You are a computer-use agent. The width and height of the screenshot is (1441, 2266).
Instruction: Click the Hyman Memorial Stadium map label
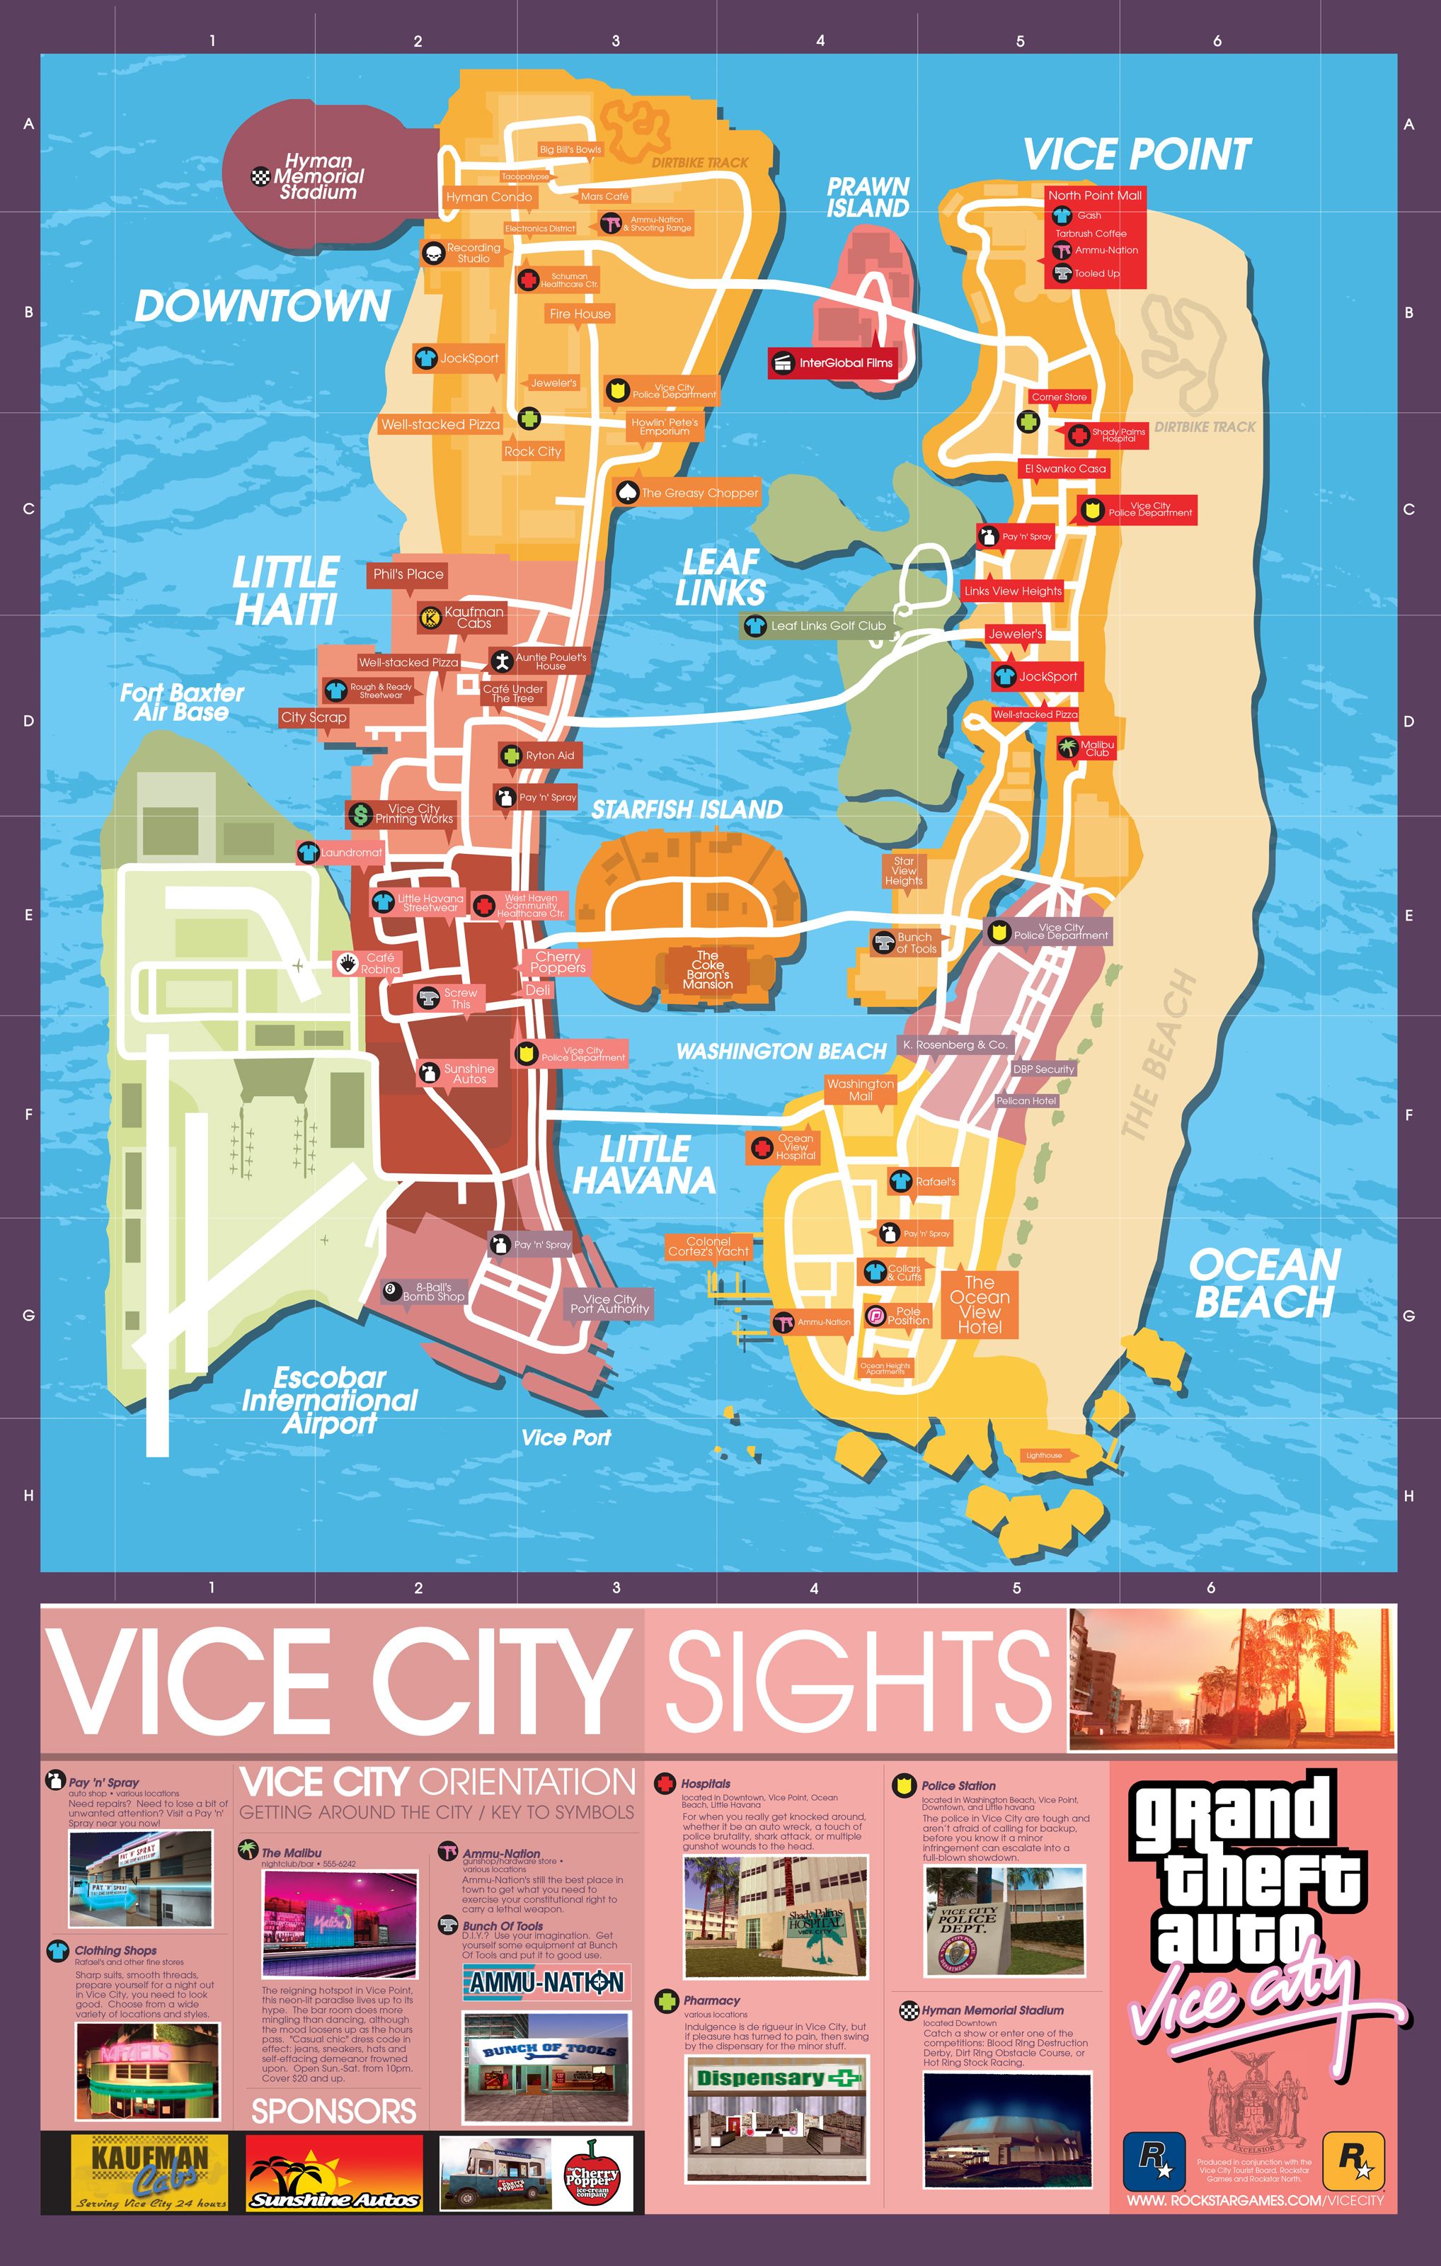coord(318,177)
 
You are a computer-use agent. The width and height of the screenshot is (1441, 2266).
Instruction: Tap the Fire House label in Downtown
coord(580,314)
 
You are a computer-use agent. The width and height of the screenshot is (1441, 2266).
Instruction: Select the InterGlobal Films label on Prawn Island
coord(844,363)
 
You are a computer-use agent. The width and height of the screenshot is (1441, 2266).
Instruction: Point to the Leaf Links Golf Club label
coord(828,626)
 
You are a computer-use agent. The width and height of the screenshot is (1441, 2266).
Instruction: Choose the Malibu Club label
coord(1097,748)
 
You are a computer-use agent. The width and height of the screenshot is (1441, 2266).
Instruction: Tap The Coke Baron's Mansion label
coord(707,969)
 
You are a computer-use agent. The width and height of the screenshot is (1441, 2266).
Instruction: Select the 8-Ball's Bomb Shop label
coord(432,1292)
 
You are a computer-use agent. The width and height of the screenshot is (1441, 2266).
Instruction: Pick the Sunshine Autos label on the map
coord(469,1074)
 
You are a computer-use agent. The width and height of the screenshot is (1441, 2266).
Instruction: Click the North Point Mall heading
coord(1095,195)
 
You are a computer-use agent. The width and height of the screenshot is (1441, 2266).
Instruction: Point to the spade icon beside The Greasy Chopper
coord(626,492)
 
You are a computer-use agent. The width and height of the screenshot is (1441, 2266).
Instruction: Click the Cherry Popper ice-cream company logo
coord(591,2173)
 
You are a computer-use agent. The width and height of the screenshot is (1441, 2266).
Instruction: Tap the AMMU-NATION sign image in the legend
coord(546,1983)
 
